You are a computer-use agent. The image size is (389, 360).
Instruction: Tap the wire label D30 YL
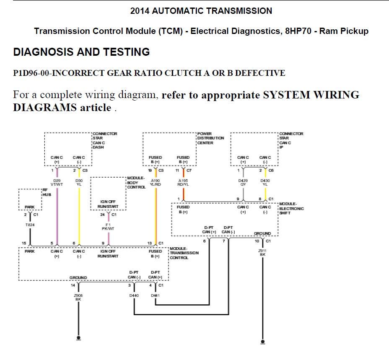(x=78, y=182)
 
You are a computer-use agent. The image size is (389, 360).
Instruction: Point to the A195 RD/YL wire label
(x=183, y=182)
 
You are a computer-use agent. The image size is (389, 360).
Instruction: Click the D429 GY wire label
(x=243, y=182)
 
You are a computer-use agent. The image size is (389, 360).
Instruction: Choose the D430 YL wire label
(x=265, y=182)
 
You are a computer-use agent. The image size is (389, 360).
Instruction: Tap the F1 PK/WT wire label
(x=108, y=226)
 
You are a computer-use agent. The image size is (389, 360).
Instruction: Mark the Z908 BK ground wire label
(x=78, y=297)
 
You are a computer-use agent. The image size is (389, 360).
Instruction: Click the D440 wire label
(x=134, y=295)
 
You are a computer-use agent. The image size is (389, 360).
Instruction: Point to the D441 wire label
(x=156, y=295)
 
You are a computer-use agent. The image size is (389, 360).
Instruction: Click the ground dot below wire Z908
(x=78, y=337)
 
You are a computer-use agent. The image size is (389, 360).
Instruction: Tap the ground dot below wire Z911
(x=262, y=342)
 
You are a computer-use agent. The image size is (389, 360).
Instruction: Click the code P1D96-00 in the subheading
(x=31, y=73)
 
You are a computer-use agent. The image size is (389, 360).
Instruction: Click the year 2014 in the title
(x=140, y=11)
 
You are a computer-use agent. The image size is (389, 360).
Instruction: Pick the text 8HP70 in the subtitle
(x=299, y=31)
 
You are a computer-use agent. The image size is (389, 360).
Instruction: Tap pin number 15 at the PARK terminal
(x=24, y=243)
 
